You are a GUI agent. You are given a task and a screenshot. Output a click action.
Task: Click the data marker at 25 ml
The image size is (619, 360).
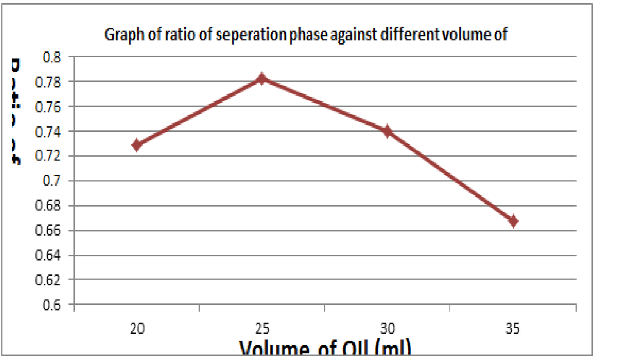click(x=262, y=79)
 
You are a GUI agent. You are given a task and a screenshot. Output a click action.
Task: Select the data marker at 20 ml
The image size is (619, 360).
click(x=137, y=145)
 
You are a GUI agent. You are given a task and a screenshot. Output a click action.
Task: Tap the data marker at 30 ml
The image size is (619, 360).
click(x=387, y=131)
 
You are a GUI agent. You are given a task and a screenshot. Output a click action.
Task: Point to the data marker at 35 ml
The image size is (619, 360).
click(x=513, y=221)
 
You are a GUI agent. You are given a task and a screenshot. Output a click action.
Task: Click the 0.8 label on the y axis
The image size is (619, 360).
click(x=51, y=57)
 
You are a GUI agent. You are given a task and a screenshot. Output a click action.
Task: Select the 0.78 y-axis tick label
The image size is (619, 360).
click(x=48, y=82)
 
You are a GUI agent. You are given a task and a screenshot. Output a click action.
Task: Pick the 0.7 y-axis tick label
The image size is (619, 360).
click(x=51, y=181)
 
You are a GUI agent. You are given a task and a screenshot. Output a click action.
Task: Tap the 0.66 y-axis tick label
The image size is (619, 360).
click(x=48, y=230)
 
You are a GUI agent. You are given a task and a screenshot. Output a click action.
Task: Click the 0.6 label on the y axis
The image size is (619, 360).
click(x=51, y=305)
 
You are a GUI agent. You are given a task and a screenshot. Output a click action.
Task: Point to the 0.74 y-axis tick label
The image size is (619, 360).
click(x=48, y=132)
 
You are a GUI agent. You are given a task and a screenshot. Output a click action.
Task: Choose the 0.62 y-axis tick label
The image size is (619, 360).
click(x=48, y=280)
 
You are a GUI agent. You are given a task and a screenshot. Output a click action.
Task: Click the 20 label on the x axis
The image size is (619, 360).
click(x=137, y=329)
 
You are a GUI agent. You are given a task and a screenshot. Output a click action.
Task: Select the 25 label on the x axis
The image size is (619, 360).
click(x=262, y=329)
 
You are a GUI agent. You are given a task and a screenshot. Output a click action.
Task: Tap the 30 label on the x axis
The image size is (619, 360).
click(x=388, y=329)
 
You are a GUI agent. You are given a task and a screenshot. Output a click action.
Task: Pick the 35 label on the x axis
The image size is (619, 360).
click(x=513, y=329)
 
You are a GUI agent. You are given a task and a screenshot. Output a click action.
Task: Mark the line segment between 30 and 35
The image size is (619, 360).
click(x=450, y=176)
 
